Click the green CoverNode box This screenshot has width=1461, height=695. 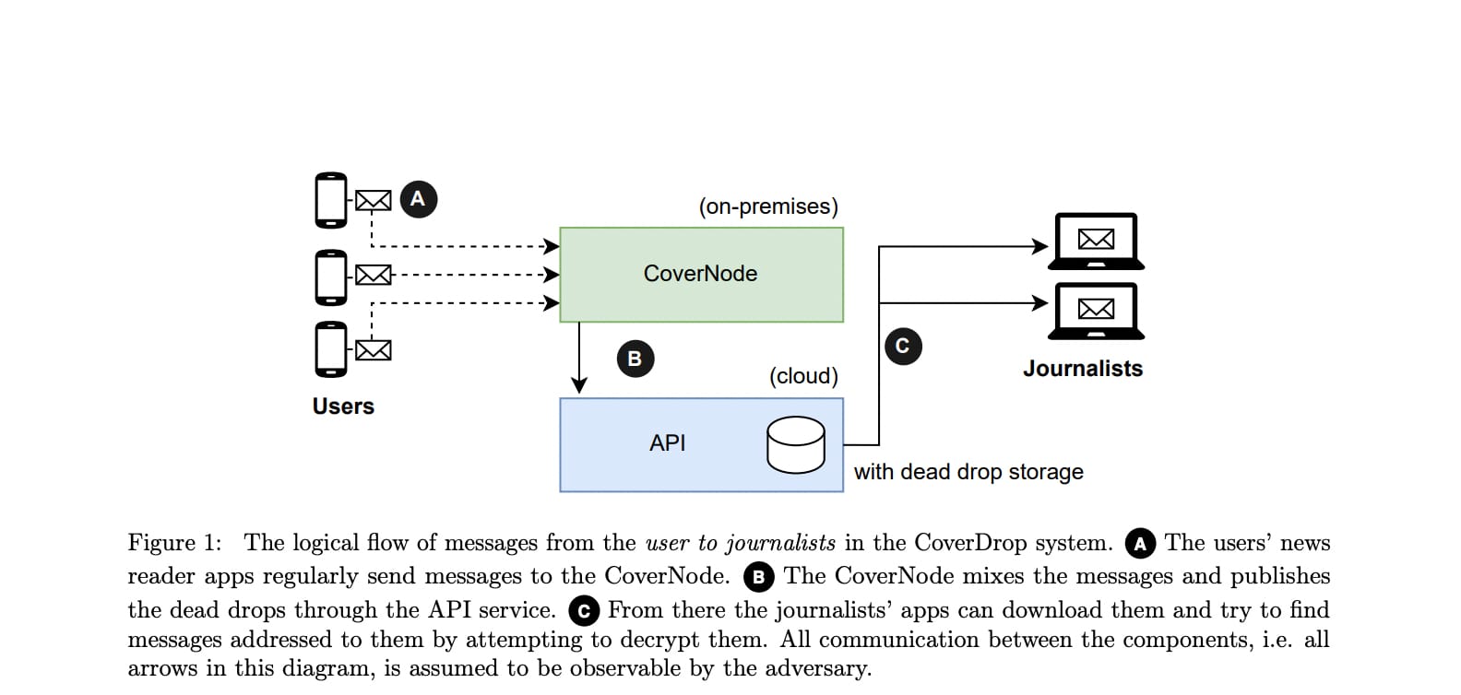[x=701, y=274]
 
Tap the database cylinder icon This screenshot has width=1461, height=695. [x=795, y=445]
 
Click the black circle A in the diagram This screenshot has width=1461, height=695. [x=418, y=199]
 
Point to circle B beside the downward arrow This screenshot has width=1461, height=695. [x=635, y=359]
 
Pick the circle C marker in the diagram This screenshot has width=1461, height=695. [x=902, y=346]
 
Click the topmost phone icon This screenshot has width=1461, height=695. [x=331, y=200]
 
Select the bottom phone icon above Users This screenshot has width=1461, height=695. [x=331, y=349]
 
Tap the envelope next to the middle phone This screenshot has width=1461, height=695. [x=373, y=275]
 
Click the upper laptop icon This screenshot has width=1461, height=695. [x=1096, y=241]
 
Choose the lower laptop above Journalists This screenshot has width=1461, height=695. [x=1096, y=311]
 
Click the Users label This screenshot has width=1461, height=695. [x=343, y=406]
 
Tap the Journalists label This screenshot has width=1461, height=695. [x=1082, y=369]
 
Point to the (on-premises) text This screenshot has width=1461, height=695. [x=767, y=206]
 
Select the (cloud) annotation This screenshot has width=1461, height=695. [x=803, y=376]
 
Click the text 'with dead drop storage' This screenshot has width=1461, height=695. [x=968, y=472]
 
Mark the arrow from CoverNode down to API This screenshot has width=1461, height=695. [x=579, y=359]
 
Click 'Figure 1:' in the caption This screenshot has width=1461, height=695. [x=174, y=543]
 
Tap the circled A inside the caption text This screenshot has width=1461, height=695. [x=1140, y=544]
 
